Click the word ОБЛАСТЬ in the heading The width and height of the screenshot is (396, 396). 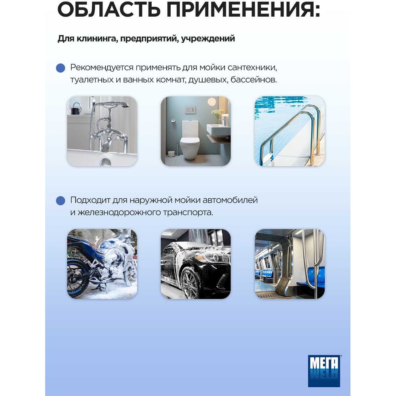point(109,10)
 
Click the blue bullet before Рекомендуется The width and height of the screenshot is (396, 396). point(61,68)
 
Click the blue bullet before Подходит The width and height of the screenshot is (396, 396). point(61,201)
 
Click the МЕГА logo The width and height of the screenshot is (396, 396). point(324,371)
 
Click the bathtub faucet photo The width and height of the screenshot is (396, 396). point(102,131)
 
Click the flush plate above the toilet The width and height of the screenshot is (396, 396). point(190,110)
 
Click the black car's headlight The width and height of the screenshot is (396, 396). point(217,258)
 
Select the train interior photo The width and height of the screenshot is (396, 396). point(290,264)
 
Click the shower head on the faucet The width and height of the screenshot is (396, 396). point(123,105)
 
